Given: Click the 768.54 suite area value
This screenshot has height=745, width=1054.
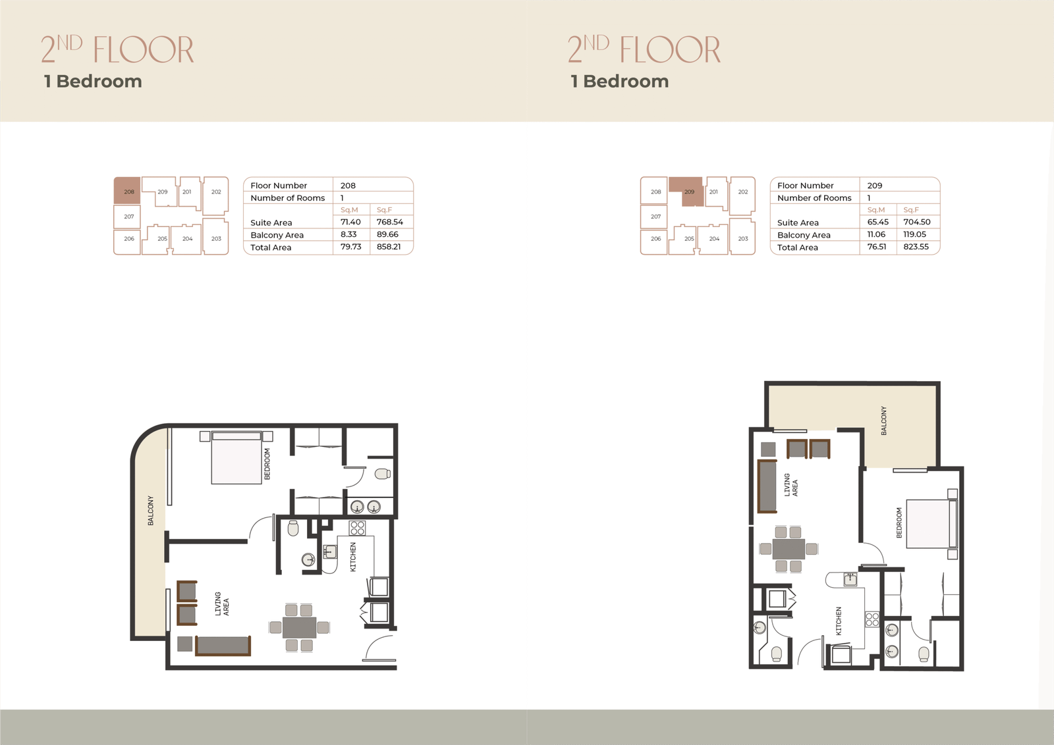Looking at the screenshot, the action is point(389,222).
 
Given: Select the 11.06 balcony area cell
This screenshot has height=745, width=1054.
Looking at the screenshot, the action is point(876,234).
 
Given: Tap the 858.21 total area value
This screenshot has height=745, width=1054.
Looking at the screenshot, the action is point(389,247).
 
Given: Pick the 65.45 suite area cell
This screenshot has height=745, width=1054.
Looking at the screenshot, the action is point(877,222).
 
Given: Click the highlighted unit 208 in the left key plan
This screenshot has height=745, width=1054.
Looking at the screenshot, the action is point(127,190).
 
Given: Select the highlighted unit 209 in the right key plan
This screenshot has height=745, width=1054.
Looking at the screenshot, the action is point(689,192).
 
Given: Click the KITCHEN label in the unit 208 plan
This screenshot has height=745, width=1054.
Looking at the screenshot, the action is point(353,557).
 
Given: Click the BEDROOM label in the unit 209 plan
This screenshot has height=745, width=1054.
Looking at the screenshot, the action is point(899,523).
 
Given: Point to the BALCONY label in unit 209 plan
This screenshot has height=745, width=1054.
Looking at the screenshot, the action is point(883,421).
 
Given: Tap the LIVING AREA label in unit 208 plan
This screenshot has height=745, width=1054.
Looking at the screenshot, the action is point(222,604).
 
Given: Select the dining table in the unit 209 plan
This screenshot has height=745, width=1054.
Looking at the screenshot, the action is point(789,548).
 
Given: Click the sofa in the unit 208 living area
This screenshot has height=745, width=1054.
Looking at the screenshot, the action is point(223,646).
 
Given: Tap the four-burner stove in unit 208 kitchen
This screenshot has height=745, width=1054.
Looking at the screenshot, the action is point(357,528).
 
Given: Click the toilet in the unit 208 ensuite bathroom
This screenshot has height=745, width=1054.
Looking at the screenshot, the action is point(383,474).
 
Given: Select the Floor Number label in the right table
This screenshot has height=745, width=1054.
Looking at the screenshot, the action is point(805,186).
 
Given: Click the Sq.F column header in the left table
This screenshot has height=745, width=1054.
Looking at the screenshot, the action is point(384,210).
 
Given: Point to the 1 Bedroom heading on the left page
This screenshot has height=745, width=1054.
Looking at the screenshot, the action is point(93,82).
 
